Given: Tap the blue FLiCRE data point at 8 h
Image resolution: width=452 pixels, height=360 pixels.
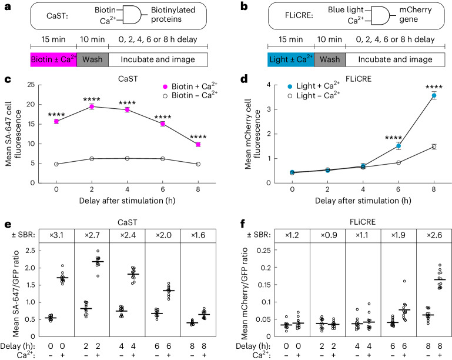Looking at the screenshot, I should (434, 95).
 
